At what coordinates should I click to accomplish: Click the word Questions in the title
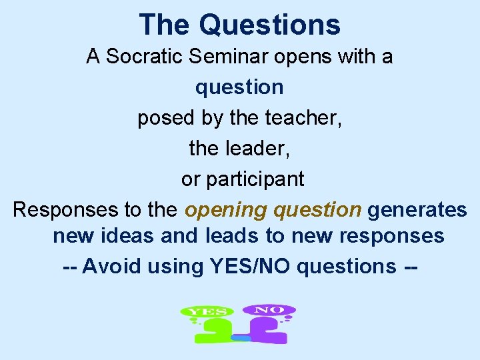coord(269,25)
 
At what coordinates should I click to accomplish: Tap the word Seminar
coord(231,57)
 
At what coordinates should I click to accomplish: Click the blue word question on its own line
coord(239,87)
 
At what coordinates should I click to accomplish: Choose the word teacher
coord(302,118)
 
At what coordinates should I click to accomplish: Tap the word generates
coord(417,210)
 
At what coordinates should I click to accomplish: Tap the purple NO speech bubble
coord(268,310)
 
